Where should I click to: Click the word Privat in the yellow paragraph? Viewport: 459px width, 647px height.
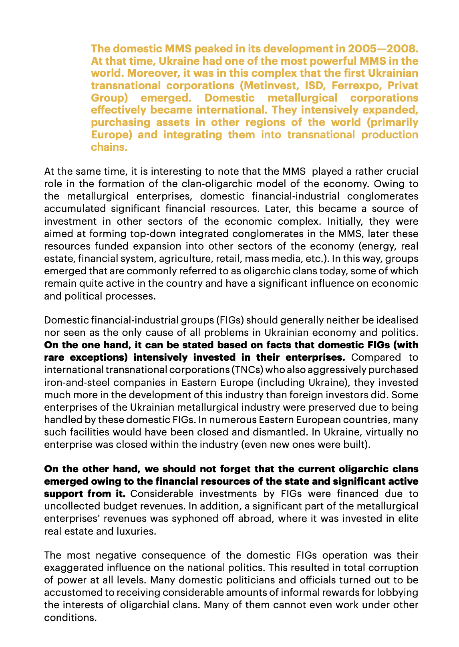(399, 86)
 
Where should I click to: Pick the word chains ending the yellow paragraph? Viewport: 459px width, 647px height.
(109, 147)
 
